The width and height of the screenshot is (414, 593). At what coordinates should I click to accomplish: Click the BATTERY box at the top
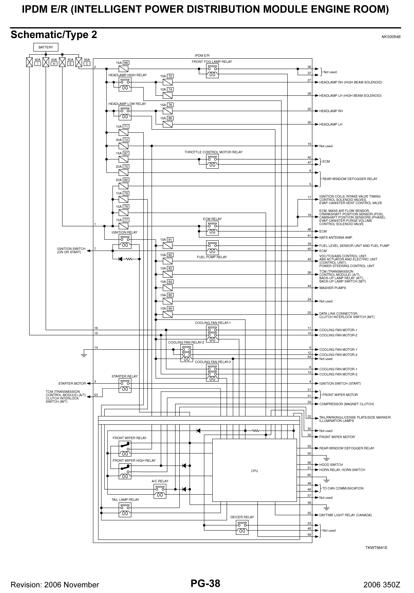coord(46,47)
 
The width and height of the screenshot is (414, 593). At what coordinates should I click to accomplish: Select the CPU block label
coord(254,471)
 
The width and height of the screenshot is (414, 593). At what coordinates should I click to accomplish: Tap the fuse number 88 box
coord(126,63)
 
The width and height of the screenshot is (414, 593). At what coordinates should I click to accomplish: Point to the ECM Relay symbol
coord(212,228)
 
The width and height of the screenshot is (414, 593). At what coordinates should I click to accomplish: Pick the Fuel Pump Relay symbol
coord(212,247)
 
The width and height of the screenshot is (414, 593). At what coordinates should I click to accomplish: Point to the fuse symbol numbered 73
coord(123,146)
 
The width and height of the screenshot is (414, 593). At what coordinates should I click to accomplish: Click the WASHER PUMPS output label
coord(332,288)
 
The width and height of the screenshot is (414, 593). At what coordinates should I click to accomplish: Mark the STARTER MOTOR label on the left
coord(72,383)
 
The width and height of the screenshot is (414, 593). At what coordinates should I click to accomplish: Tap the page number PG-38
coord(205,583)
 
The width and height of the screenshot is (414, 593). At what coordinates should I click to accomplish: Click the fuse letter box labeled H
coord(54,64)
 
